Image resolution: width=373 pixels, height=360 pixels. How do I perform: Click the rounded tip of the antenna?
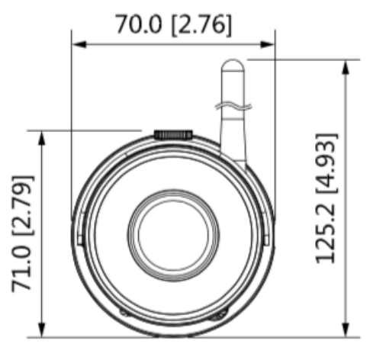tap(231, 67)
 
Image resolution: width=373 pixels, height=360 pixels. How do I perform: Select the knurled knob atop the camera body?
tap(173, 133)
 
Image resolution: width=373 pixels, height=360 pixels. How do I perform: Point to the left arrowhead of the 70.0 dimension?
tap(77, 45)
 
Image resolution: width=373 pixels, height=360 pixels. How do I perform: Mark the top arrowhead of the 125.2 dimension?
tap(347, 65)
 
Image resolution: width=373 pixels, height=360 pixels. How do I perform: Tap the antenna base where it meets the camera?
tap(233, 156)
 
